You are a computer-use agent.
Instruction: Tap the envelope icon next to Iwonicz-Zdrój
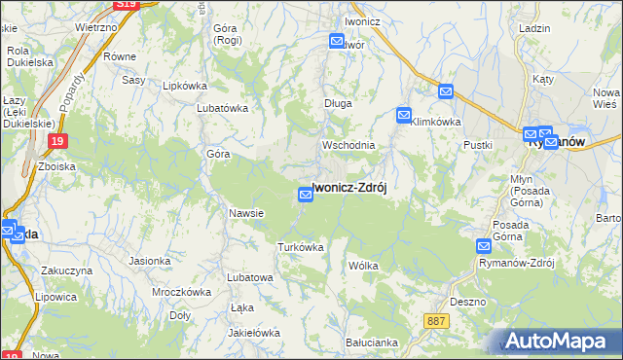(x=306, y=196)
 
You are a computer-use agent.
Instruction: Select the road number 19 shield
(x=57, y=142)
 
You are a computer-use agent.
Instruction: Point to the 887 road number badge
(x=437, y=319)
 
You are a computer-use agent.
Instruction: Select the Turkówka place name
(x=300, y=247)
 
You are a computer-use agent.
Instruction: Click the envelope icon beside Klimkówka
(x=404, y=116)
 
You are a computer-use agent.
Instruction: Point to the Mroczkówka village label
(x=182, y=291)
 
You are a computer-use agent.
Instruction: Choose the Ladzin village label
(x=536, y=30)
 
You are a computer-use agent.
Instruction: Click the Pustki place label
(x=478, y=145)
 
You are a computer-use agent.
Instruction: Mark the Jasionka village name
(x=150, y=261)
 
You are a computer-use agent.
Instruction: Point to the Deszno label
(x=468, y=302)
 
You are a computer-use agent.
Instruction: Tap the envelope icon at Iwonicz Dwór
(x=337, y=42)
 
